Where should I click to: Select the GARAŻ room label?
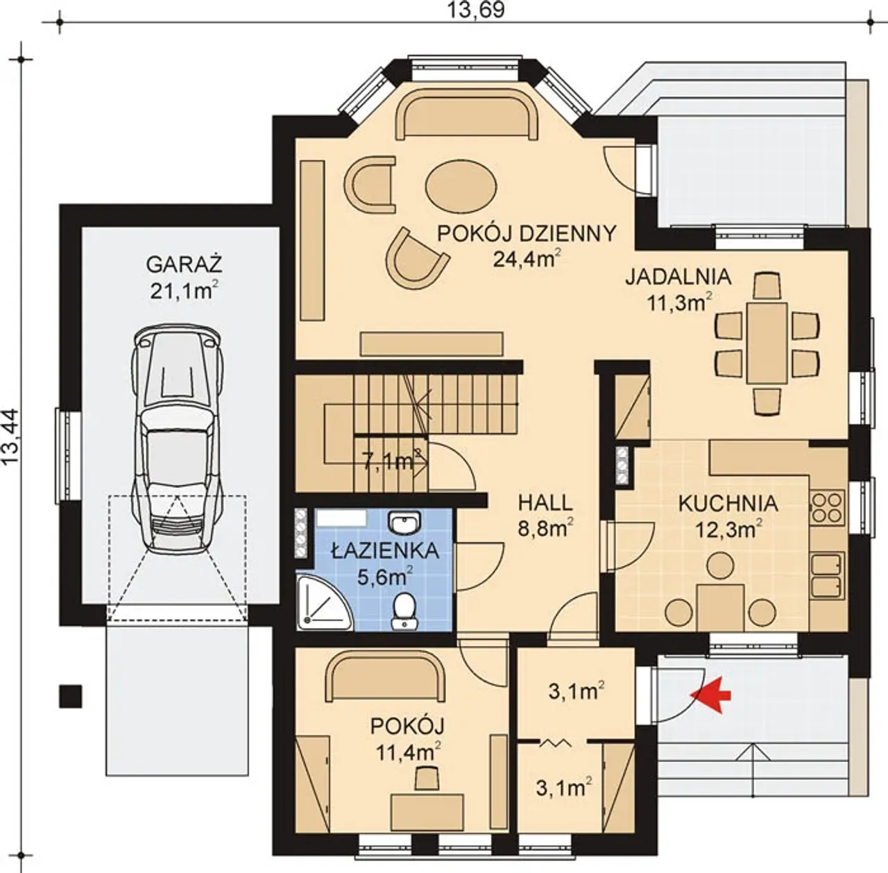click(185, 264)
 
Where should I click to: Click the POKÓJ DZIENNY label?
click(527, 234)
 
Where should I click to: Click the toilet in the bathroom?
click(404, 611)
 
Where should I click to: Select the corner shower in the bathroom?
click(325, 602)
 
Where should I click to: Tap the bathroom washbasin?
click(405, 523)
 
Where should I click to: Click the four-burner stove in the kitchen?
click(827, 507)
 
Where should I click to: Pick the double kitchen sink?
click(828, 575)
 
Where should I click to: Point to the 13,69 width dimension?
click(476, 10)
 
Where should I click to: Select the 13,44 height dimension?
click(10, 436)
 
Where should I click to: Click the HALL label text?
click(545, 502)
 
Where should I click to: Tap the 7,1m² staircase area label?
click(392, 461)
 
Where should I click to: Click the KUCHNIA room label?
click(728, 504)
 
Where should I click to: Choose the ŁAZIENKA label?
click(385, 550)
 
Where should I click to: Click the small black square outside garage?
click(71, 696)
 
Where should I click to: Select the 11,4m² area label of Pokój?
click(409, 753)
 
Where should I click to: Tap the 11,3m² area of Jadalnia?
click(680, 302)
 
